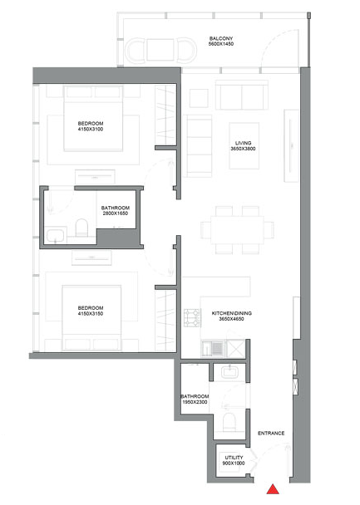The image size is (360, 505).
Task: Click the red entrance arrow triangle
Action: coord(273,489)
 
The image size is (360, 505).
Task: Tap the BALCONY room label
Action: coord(221,38)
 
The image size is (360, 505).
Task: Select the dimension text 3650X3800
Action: coord(243,149)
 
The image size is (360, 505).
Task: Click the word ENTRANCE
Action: coord(271,434)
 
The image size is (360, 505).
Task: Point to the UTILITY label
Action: coord(234,458)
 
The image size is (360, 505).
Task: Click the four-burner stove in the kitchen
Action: coord(192,318)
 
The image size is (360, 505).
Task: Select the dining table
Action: coord(237,230)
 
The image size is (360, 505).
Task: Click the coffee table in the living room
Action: coord(244,145)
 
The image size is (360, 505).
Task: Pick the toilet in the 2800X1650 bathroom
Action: coord(81,227)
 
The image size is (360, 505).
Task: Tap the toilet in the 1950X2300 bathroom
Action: coord(229,422)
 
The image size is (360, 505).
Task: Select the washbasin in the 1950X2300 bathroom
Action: coord(229,372)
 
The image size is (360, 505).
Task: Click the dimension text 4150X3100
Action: coord(91,129)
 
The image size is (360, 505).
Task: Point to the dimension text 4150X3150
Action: coord(91,314)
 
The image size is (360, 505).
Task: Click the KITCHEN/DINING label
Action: coord(232,313)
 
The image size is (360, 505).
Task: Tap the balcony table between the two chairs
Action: coord(160,50)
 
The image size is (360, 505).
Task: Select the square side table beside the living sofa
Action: coord(199,98)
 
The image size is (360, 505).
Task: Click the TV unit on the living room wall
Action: coord(292,145)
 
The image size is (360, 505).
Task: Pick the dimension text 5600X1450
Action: coord(221,44)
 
